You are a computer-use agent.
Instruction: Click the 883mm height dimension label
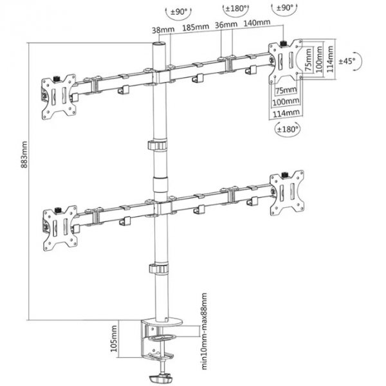pyautogui.click(x=24, y=154)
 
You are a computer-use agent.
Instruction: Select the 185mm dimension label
pyautogui.click(x=196, y=27)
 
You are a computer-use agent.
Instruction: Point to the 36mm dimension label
pyautogui.click(x=226, y=24)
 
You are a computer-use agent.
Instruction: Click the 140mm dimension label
pyautogui.click(x=257, y=23)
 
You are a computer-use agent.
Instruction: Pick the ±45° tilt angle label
pyautogui.click(x=347, y=61)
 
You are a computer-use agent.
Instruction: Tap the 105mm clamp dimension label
pyautogui.click(x=114, y=338)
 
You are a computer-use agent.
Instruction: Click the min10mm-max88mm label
pyautogui.click(x=204, y=331)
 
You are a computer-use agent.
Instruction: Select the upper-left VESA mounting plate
pyautogui.click(x=59, y=97)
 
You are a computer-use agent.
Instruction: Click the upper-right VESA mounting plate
pyautogui.click(x=286, y=61)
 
